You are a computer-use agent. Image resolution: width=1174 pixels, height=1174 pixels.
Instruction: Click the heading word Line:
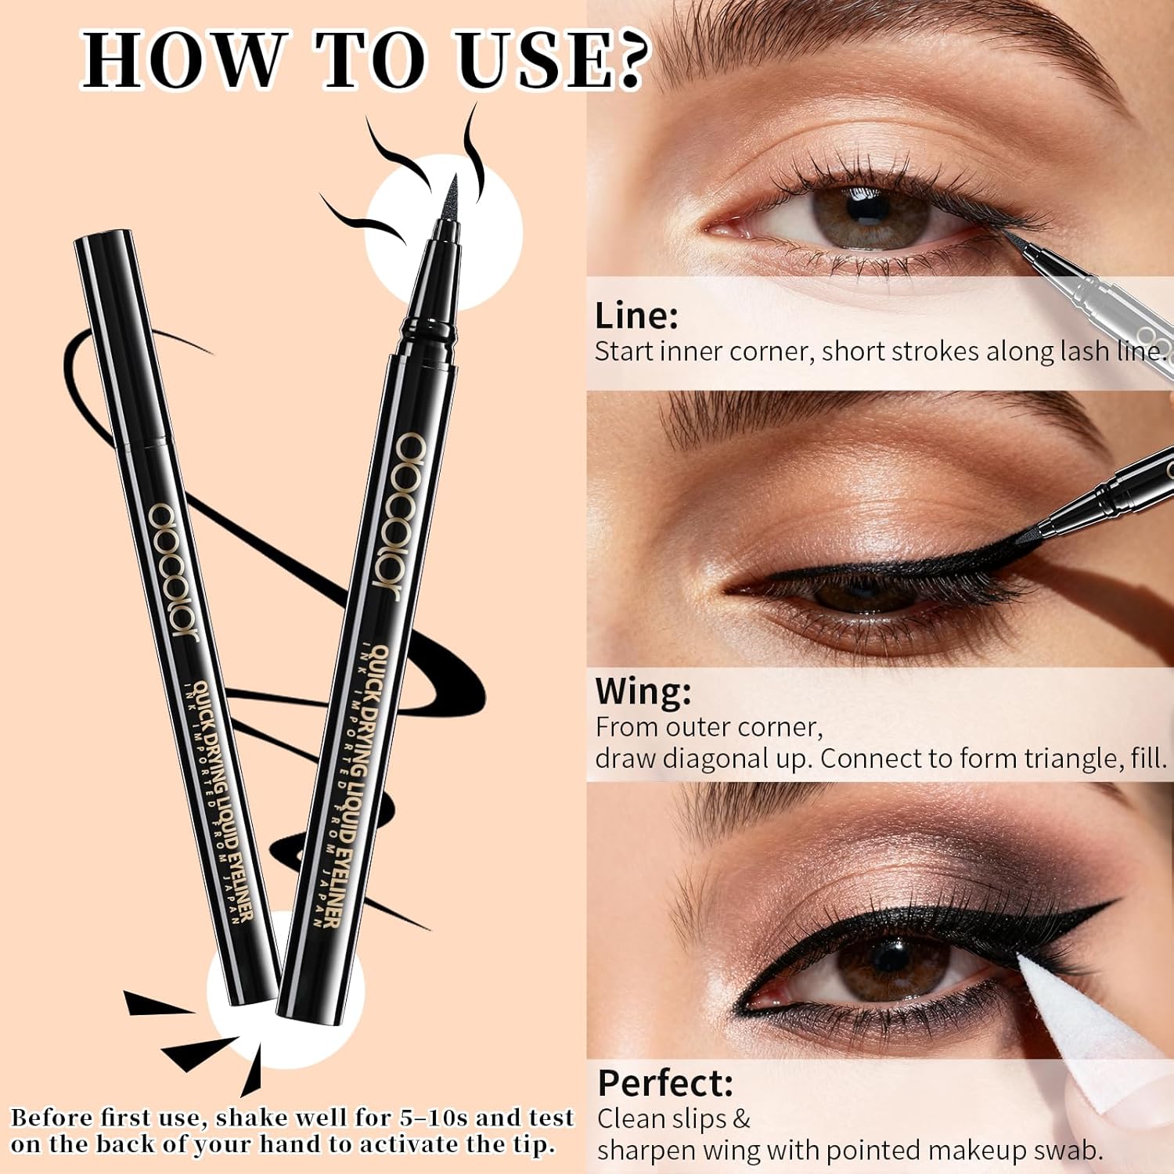click(x=636, y=316)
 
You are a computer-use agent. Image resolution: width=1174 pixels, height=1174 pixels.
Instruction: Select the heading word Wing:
click(x=643, y=691)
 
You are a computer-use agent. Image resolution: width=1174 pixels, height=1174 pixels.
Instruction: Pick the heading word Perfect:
click(x=665, y=1083)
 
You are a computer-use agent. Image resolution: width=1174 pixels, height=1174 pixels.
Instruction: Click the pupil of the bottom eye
click(x=890, y=959)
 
